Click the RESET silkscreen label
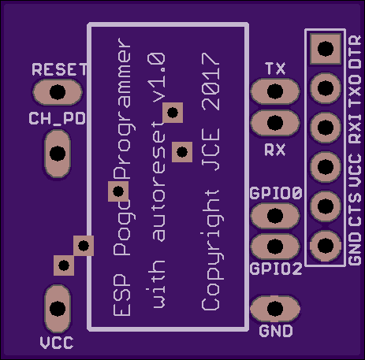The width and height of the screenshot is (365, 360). point(59,69)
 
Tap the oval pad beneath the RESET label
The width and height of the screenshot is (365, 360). point(58,92)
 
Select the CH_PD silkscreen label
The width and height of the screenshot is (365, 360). point(57,118)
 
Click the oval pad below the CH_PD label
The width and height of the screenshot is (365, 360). point(58,154)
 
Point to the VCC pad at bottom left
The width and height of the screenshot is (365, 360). point(58,309)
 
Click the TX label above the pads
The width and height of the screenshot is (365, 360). point(275,69)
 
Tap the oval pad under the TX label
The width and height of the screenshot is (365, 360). point(275,91)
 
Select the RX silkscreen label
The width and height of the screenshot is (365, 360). point(274,150)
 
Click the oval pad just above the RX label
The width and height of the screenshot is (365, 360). point(275,123)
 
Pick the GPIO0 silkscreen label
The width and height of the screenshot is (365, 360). point(276,193)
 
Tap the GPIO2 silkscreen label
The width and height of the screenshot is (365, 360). point(276,269)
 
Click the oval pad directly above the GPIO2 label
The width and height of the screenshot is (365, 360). point(275,247)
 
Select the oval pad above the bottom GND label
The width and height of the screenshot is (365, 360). point(275,309)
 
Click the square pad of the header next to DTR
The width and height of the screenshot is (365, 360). point(326,49)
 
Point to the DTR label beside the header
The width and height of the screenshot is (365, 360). point(355,52)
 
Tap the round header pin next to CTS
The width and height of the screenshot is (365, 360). point(326,206)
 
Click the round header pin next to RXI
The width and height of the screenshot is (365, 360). point(326,128)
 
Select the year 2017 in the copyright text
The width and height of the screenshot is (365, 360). point(210,81)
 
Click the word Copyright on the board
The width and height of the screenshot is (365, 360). point(212,250)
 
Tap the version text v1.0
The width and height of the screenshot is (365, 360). point(156,78)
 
